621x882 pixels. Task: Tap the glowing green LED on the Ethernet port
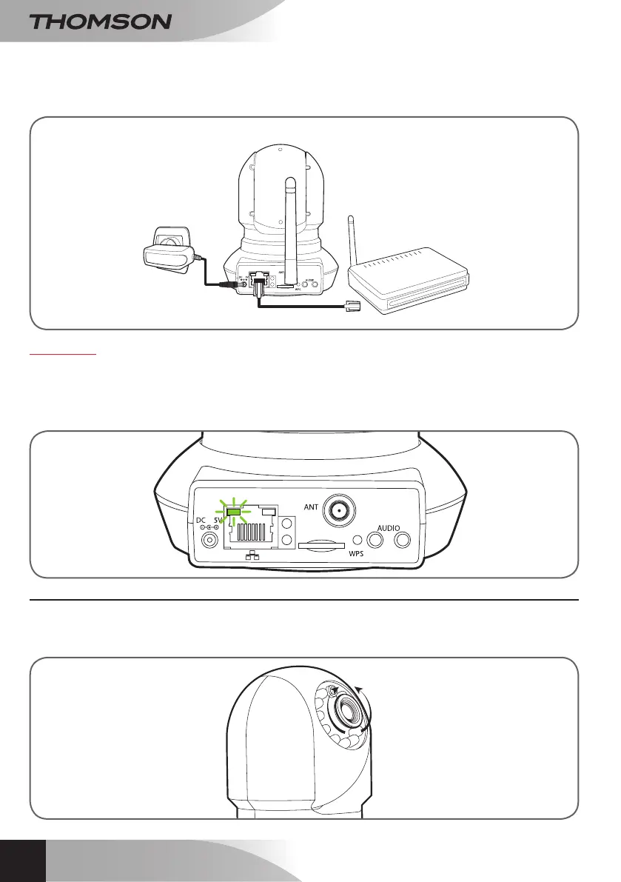pyautogui.click(x=235, y=510)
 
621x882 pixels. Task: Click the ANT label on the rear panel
pyautogui.click(x=312, y=507)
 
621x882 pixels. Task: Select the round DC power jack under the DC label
pyautogui.click(x=210, y=541)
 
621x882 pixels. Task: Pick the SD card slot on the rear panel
pyautogui.click(x=319, y=544)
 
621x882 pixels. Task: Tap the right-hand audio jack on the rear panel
pyautogui.click(x=403, y=541)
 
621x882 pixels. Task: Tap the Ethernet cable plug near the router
pyautogui.click(x=353, y=304)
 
